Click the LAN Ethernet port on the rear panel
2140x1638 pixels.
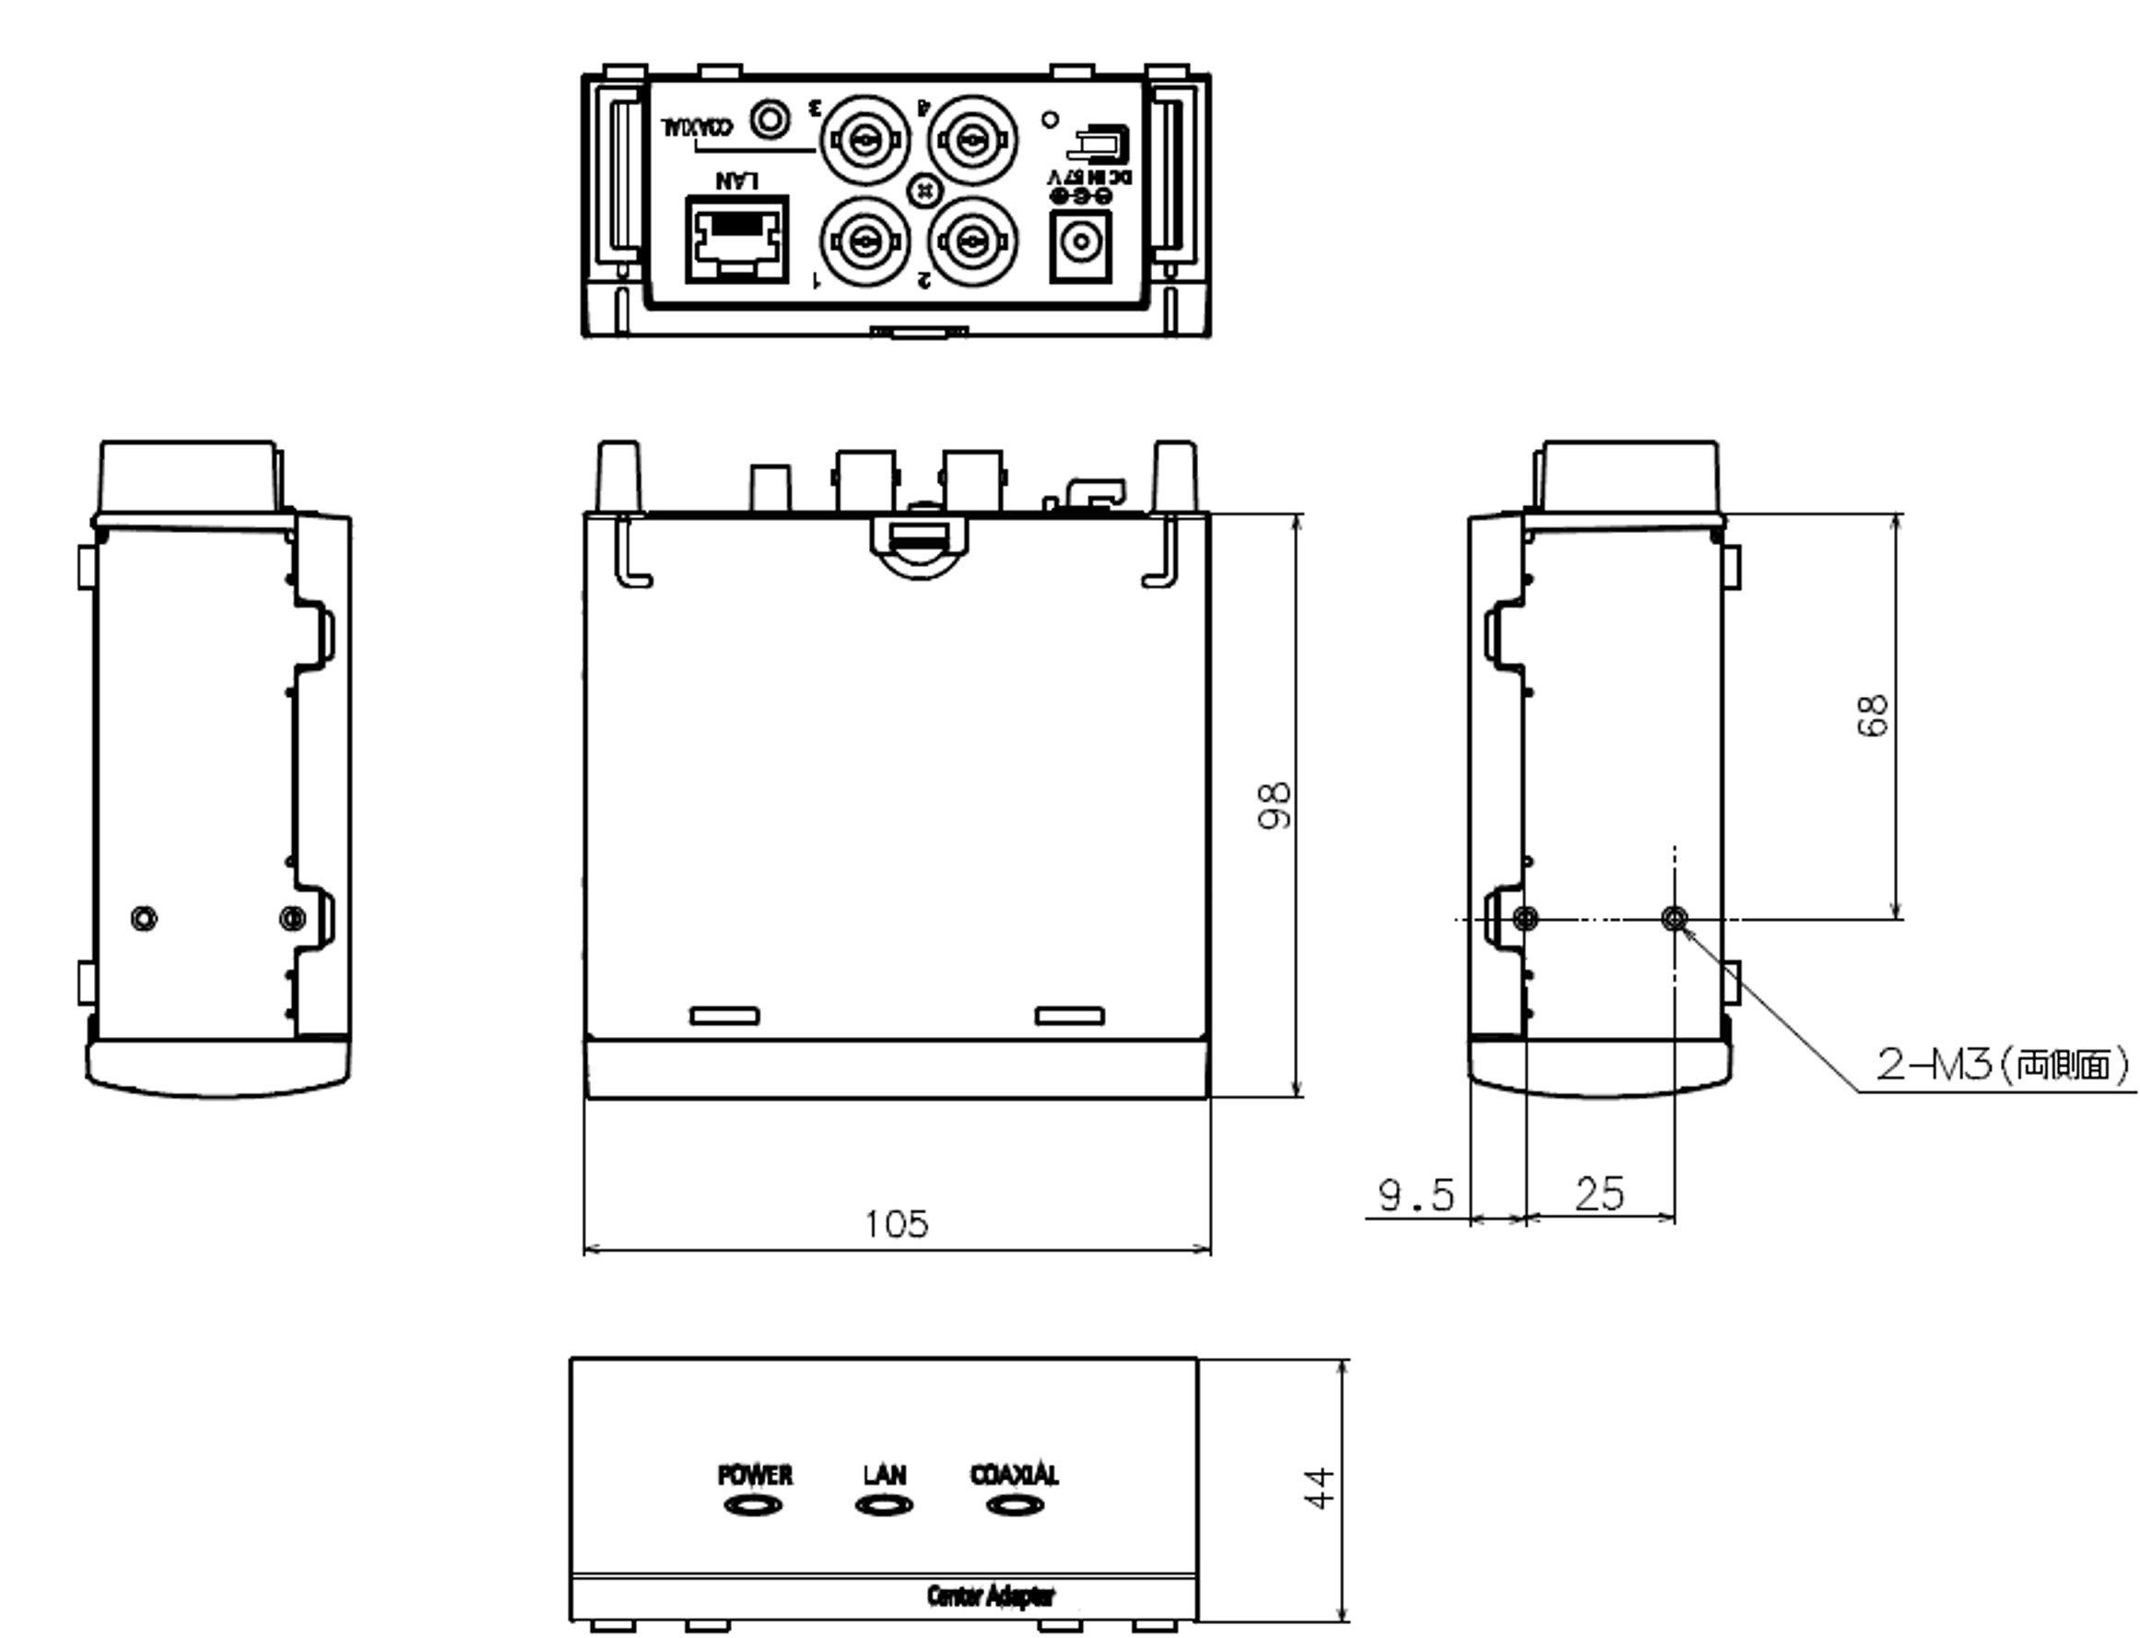736,240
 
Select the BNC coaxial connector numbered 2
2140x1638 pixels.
972,240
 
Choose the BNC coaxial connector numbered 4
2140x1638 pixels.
972,141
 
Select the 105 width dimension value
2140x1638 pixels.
896,1223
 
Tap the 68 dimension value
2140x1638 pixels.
1872,715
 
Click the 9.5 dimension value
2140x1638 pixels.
1415,1195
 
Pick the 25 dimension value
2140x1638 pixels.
1599,1195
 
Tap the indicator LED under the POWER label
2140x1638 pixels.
753,1506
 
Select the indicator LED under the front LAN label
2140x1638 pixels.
884,1506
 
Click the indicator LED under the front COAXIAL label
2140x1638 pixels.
1015,1506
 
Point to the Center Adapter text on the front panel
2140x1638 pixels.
991,1597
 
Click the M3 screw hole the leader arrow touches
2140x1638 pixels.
1674,917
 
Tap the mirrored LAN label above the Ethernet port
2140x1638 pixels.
736,180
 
